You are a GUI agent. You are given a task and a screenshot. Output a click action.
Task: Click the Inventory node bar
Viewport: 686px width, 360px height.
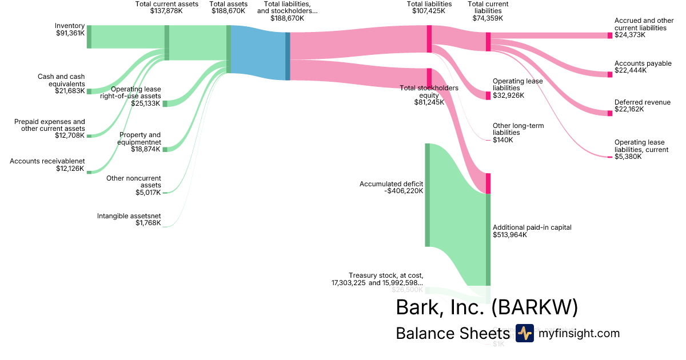pos(89,37)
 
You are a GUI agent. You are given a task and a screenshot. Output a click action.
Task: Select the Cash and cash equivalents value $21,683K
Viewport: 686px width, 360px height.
pos(70,91)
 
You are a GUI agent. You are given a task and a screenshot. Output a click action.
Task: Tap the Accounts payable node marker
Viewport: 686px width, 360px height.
pos(609,74)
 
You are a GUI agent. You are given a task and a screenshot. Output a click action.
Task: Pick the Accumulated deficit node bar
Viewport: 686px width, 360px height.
pos(427,195)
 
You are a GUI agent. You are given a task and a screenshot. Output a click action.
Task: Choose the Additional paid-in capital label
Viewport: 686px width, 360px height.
pos(532,227)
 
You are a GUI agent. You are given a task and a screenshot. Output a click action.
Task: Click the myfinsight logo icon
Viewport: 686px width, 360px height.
pos(524,333)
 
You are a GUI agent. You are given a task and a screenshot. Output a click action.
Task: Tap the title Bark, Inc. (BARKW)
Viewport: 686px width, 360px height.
pos(486,307)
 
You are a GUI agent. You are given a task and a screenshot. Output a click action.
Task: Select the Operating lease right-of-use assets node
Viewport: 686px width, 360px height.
pos(165,103)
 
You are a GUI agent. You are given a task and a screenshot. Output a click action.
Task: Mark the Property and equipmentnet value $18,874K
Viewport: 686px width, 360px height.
pos(145,149)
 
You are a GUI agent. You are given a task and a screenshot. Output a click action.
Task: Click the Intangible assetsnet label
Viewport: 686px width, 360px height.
pos(129,216)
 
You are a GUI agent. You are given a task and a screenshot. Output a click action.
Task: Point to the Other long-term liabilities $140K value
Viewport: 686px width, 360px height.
pos(503,140)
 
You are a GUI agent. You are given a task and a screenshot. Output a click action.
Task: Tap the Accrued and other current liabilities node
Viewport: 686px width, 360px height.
pos(609,35)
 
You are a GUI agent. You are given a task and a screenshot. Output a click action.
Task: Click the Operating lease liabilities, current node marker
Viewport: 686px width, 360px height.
pos(609,157)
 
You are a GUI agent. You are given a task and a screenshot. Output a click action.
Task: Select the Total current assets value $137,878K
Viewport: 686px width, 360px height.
pos(166,11)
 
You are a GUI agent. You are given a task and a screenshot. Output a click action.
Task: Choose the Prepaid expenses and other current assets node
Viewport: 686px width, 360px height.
pos(89,135)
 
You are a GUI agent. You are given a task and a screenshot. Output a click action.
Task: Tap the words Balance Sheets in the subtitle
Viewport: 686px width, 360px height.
pos(452,334)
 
